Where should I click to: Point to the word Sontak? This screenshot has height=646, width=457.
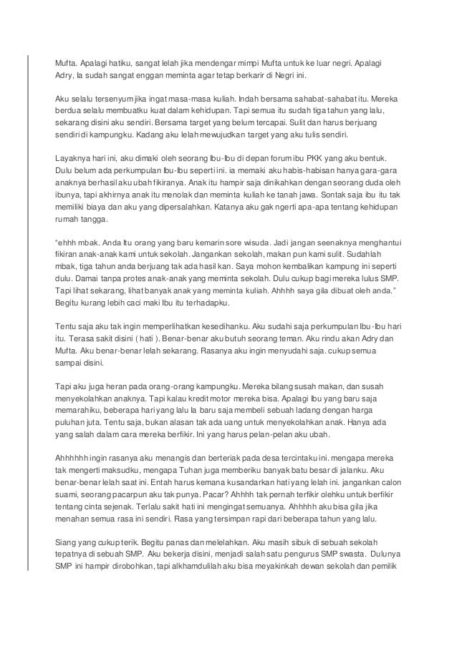324,193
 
